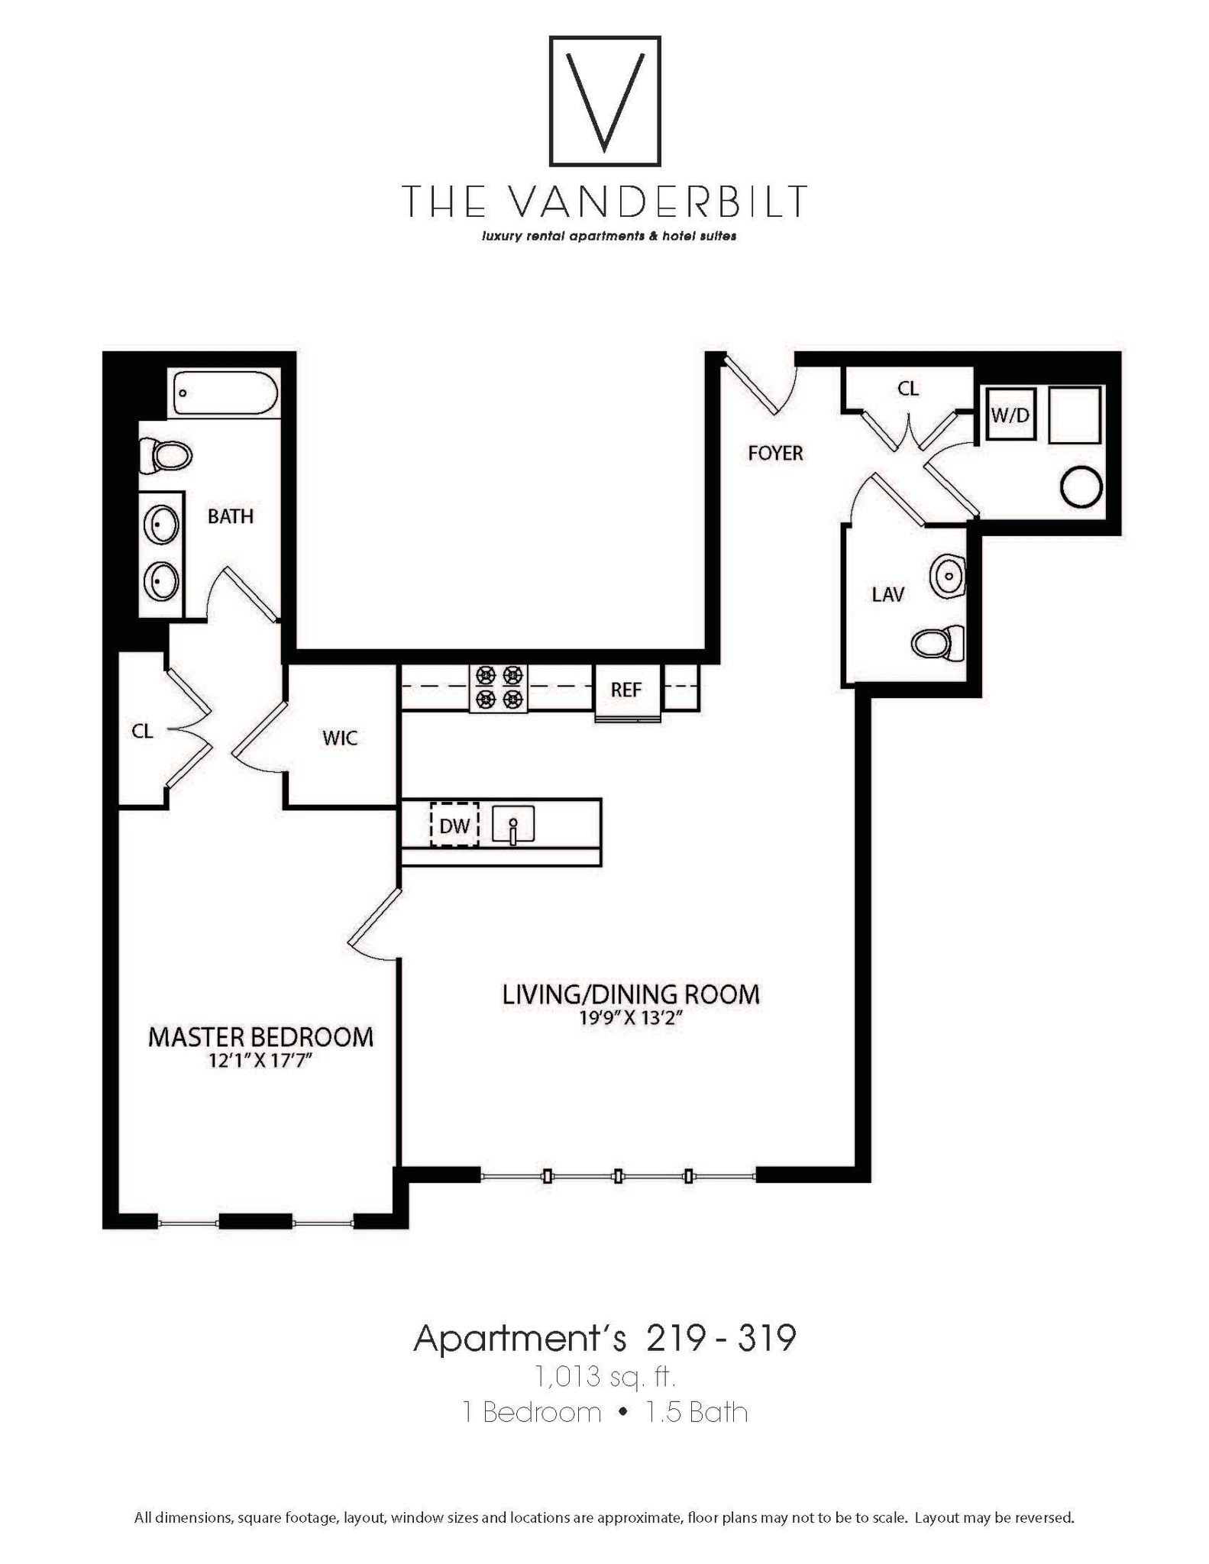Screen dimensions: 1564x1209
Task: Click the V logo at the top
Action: coord(605,100)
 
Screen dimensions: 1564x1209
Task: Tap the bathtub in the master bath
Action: coord(225,393)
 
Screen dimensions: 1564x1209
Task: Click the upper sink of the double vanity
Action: coord(162,525)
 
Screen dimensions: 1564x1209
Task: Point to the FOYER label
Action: coord(775,454)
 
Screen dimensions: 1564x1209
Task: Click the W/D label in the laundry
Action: coord(1010,415)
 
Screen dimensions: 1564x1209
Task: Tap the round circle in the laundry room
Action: coord(1081,486)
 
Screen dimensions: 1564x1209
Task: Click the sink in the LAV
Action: coord(948,576)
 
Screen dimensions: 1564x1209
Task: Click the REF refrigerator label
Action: coord(626,690)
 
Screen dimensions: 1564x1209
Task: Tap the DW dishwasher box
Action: coord(454,825)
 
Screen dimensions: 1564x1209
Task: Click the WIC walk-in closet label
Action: coord(340,738)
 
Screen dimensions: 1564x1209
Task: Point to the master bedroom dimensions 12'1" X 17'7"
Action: coord(260,1061)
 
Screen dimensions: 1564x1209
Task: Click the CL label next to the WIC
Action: coord(143,732)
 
